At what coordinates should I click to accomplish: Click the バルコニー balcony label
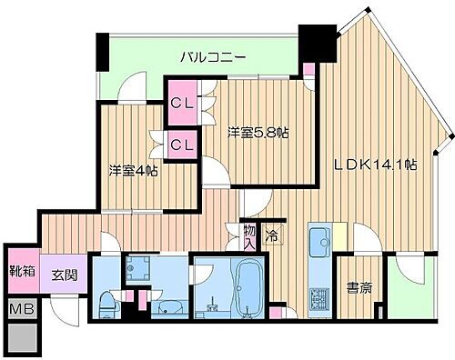pyautogui.click(x=212, y=56)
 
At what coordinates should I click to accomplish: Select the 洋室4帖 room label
pyautogui.click(x=133, y=169)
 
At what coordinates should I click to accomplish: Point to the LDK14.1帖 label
pyautogui.click(x=374, y=165)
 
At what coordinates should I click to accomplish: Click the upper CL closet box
pyautogui.click(x=181, y=103)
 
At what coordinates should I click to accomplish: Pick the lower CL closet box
pyautogui.click(x=181, y=144)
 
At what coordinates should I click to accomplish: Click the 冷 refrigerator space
pyautogui.click(x=271, y=236)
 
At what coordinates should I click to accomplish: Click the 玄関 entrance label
pyautogui.click(x=63, y=275)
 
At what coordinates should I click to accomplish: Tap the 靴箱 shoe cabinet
pyautogui.click(x=22, y=270)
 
